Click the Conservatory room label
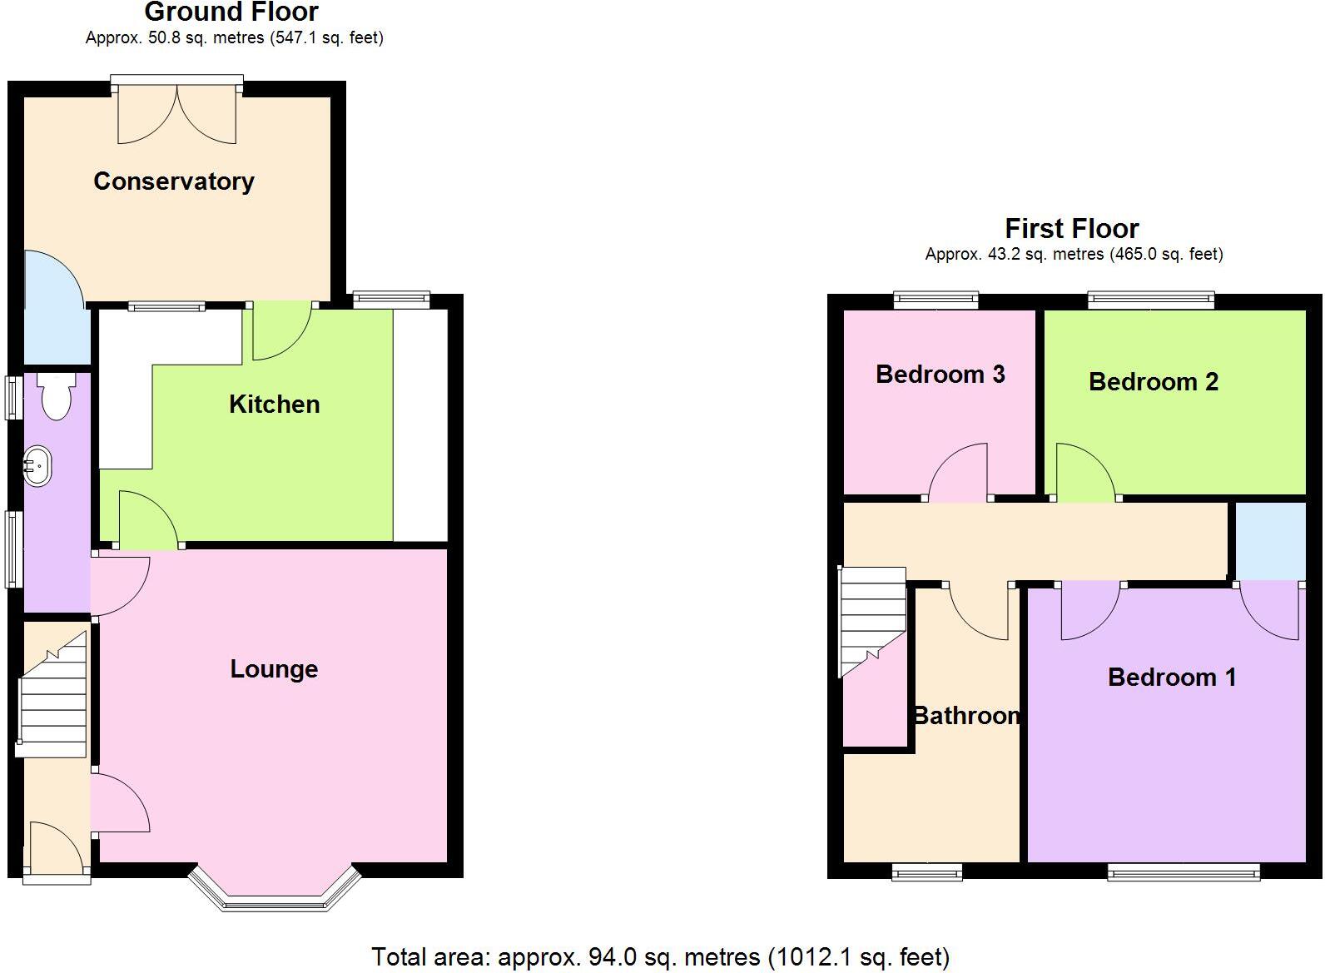[x=174, y=181]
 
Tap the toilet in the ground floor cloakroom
[x=57, y=397]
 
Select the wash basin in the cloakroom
[x=37, y=465]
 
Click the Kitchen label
[x=274, y=405]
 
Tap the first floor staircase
[x=872, y=620]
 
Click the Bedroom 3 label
[x=940, y=375]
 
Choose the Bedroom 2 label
[x=1153, y=382]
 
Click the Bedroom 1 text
[x=1171, y=678]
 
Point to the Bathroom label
[x=966, y=716]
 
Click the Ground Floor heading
[x=231, y=12]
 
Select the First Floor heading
[x=1071, y=228]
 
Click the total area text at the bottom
[x=660, y=957]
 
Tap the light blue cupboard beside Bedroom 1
[x=1270, y=541]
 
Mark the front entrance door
[x=56, y=849]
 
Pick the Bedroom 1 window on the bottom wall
[x=1183, y=871]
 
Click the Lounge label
[x=274, y=669]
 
